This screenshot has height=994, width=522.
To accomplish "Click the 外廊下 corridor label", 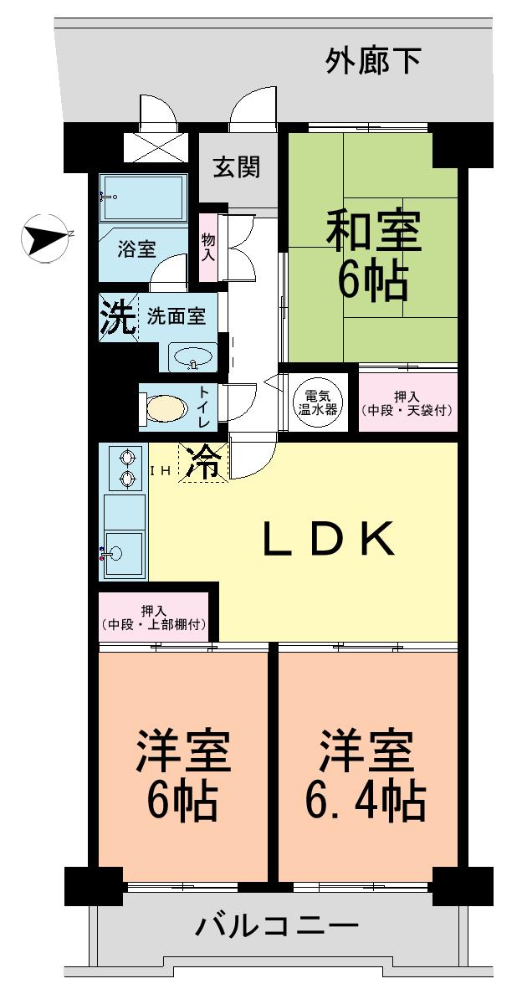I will [x=372, y=60].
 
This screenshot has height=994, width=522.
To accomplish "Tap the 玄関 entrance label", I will [x=236, y=167].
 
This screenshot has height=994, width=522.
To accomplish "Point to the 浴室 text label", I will [x=136, y=249].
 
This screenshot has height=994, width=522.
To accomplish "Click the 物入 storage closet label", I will [x=208, y=247].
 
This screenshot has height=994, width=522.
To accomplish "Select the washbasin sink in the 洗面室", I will [x=193, y=358].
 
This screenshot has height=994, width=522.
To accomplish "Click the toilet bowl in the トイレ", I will [x=166, y=408].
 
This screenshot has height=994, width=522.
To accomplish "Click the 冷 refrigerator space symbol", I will [x=204, y=463].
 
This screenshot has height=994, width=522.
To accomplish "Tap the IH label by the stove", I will [x=161, y=471].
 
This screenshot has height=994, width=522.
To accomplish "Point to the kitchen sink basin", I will [x=122, y=551].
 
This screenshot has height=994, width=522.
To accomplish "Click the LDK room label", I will [x=328, y=540].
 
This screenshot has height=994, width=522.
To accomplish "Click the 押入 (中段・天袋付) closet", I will [x=408, y=402].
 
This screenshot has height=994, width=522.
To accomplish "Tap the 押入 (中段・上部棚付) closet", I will [x=153, y=616].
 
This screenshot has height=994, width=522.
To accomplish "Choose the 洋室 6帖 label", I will [x=182, y=774].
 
